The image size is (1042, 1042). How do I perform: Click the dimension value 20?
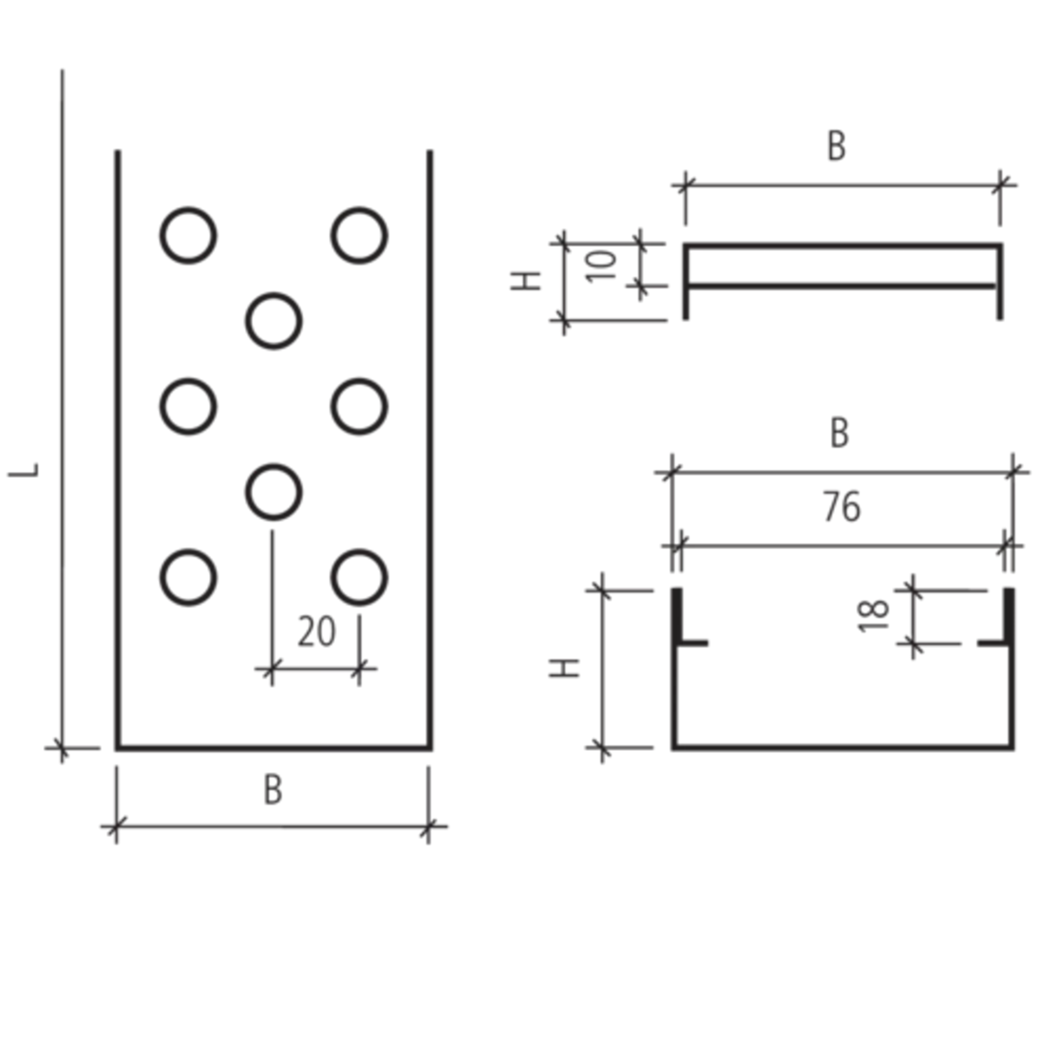(x=317, y=632)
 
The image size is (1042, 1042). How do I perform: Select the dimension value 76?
(x=842, y=507)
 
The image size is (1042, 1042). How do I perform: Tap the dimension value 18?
(x=873, y=616)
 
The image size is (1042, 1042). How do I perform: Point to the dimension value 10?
(x=601, y=266)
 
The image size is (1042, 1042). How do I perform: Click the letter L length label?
(x=24, y=470)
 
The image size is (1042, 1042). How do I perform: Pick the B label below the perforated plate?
(x=273, y=790)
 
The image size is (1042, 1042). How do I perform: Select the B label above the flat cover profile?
(x=836, y=147)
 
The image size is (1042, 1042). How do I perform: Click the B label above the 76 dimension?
(x=840, y=433)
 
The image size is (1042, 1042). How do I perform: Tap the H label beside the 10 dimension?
(x=526, y=281)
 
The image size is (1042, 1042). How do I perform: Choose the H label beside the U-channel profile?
(x=564, y=668)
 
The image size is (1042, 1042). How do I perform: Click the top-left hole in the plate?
(x=188, y=236)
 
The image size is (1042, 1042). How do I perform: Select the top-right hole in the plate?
(x=359, y=236)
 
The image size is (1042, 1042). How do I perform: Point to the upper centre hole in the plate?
(x=274, y=321)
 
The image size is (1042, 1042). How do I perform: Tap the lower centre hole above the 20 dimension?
(x=274, y=492)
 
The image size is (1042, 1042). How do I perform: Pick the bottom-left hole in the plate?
(x=188, y=577)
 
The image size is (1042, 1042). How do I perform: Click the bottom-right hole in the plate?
(x=359, y=577)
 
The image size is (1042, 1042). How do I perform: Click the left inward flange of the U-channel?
(x=692, y=644)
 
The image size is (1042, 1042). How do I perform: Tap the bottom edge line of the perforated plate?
(x=274, y=748)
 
